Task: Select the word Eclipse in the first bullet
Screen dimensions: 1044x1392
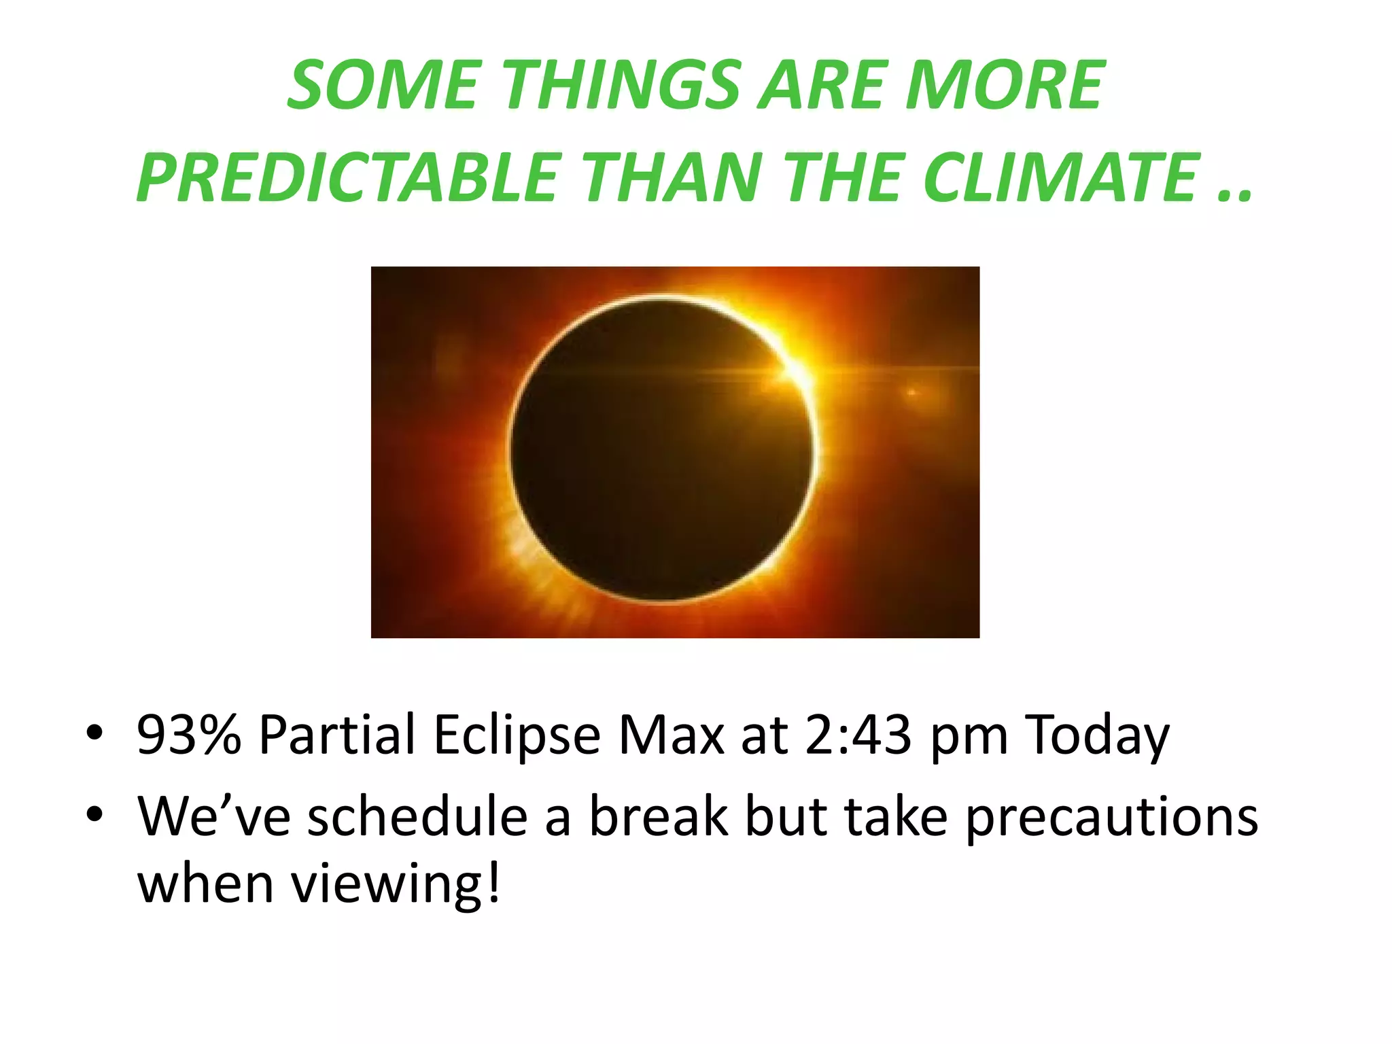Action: pos(517,736)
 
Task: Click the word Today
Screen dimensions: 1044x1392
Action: pos(1097,736)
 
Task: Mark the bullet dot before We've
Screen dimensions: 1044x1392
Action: pos(94,814)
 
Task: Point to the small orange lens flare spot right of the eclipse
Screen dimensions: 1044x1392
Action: pos(912,392)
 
